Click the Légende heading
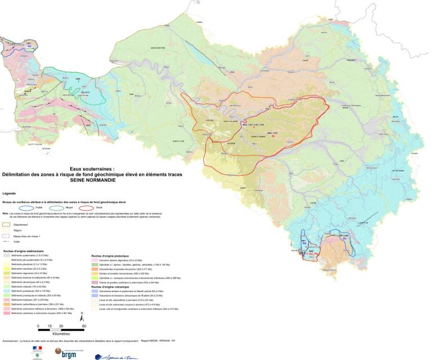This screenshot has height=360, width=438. (11, 193)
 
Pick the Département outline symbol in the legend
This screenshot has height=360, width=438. (7, 224)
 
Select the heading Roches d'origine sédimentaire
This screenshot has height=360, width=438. (24, 250)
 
